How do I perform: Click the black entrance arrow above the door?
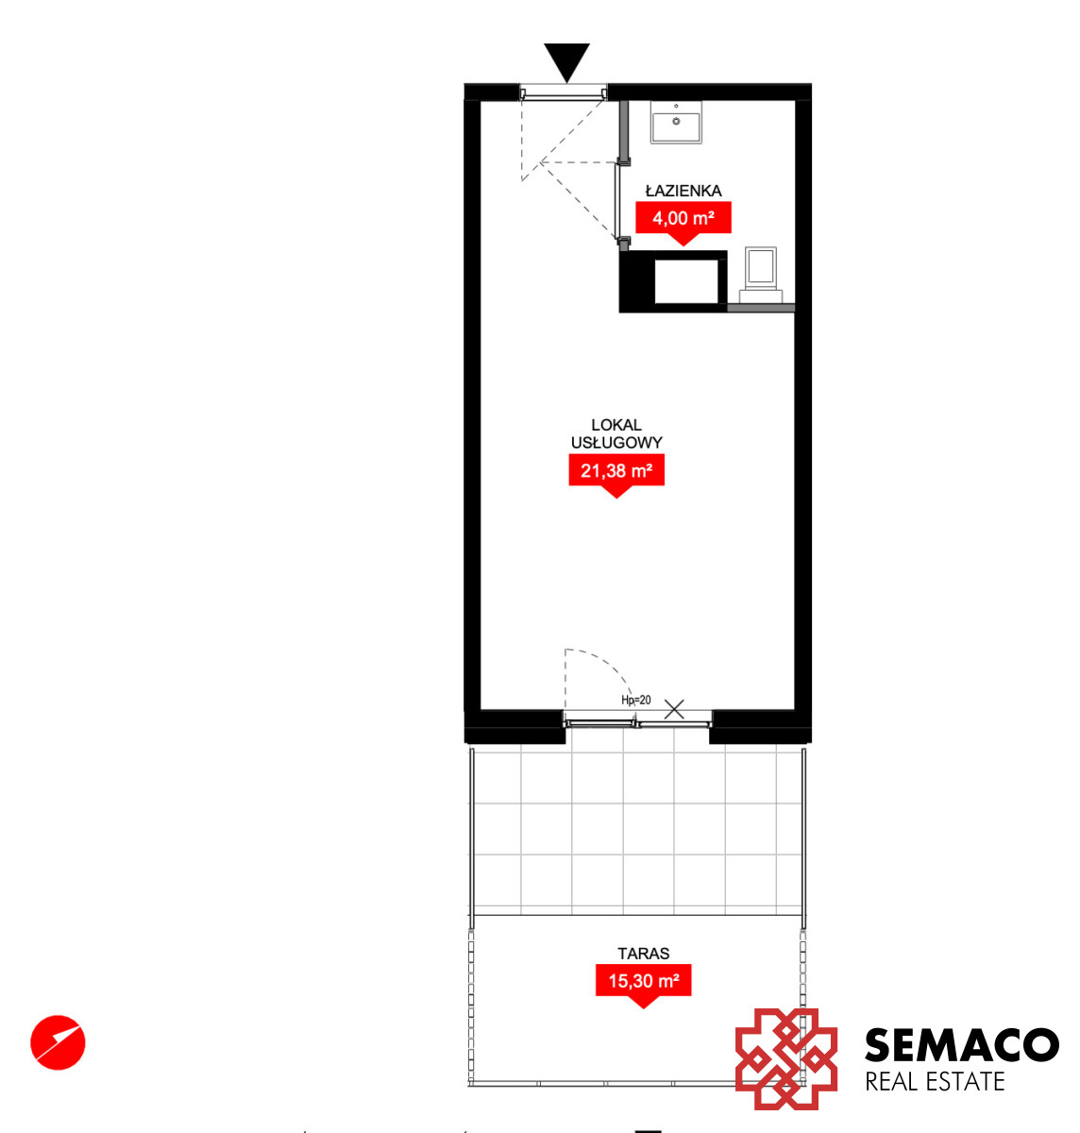coord(566,60)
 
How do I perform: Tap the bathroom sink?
coord(676,122)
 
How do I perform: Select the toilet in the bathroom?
coord(761,275)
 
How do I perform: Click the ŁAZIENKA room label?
coord(683,190)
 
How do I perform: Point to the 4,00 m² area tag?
coord(683,218)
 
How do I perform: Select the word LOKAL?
coord(616,425)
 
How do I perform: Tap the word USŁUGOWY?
coord(616,442)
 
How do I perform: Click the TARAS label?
coord(643,954)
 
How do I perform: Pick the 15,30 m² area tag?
coord(643,980)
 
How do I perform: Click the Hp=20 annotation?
coord(635,700)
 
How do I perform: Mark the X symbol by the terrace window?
coord(674,709)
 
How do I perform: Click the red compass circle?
coord(58,1042)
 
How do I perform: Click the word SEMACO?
coord(961,1044)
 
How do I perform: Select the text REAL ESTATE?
coord(935,1082)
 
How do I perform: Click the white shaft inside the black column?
coord(686,281)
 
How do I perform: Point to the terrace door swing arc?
coord(607,666)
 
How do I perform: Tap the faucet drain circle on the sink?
coord(676,122)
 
